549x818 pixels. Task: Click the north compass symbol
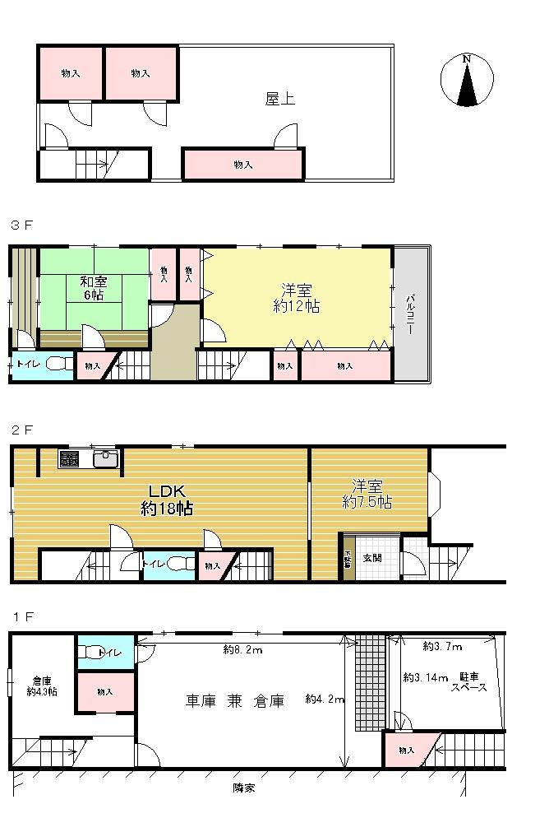467,81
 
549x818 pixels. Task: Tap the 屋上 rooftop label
279,99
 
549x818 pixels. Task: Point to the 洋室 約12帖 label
296,297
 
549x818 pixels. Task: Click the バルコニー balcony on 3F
410,313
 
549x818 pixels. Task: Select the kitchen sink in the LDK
106,459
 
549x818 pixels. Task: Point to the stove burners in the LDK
69,459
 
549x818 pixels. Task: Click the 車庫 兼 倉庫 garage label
234,702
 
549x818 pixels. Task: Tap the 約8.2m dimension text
242,650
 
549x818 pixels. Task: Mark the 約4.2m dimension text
324,699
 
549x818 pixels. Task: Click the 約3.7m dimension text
443,647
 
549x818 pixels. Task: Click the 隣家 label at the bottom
243,787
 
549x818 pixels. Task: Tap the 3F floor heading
21,225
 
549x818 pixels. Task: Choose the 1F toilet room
106,653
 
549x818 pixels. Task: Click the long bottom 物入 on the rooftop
242,165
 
